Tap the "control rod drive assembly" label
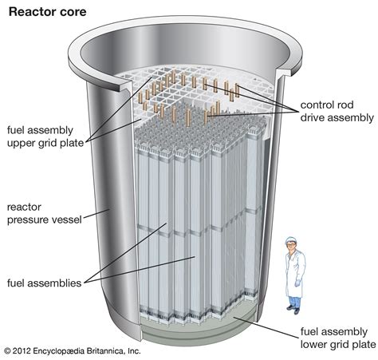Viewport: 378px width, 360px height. pos(336,112)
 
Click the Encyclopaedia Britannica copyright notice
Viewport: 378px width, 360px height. pos(72,350)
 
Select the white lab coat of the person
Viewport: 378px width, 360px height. pos(293,271)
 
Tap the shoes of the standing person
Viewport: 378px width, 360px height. pos(293,312)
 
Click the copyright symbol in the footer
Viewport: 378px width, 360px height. pos(6,350)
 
